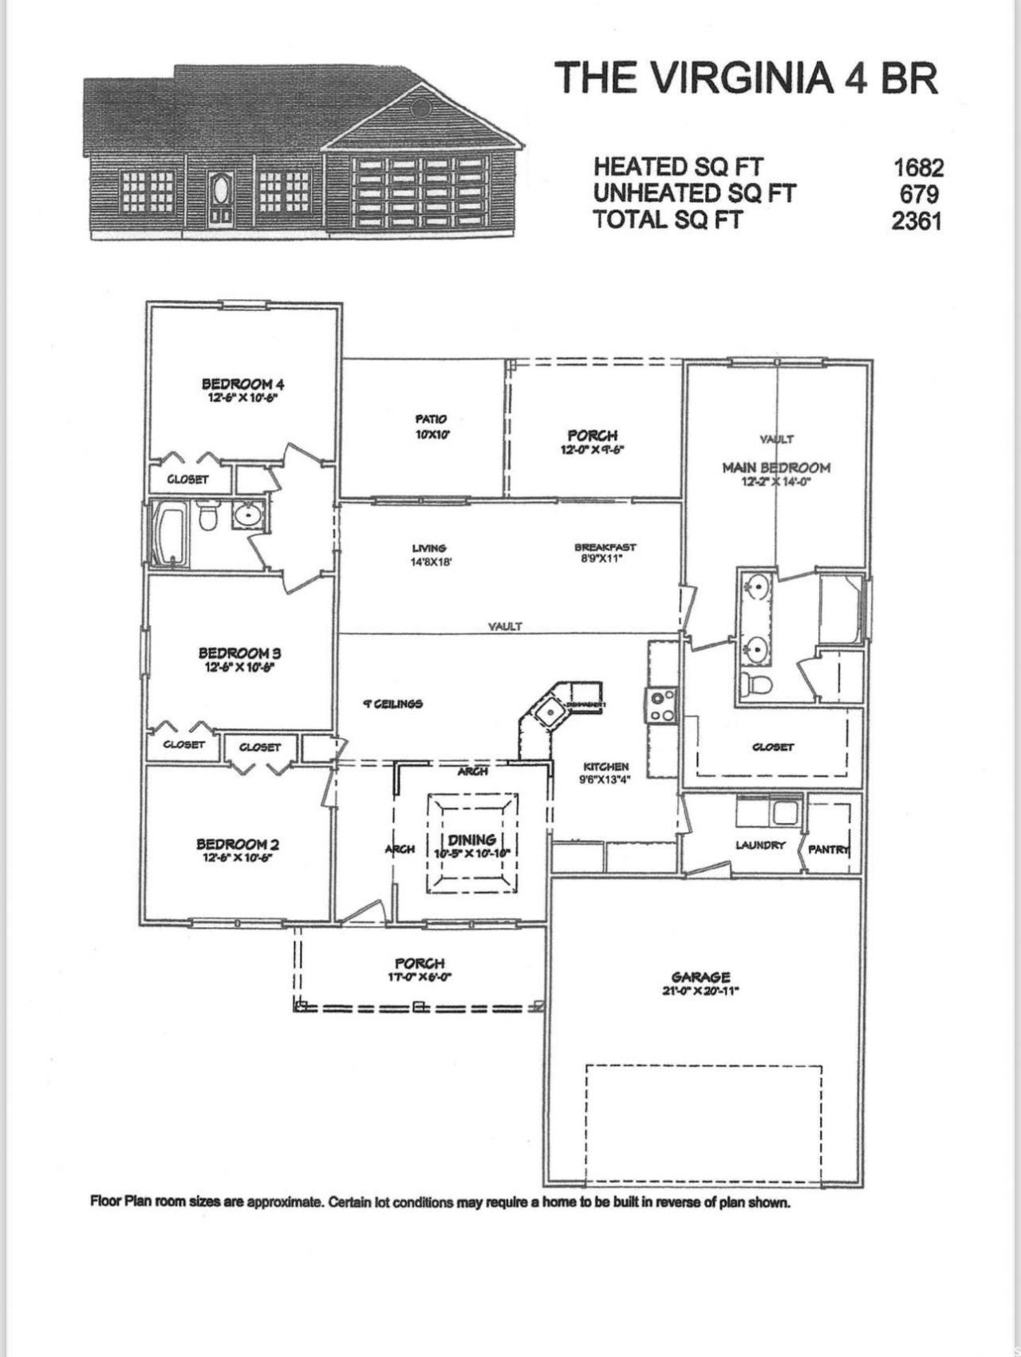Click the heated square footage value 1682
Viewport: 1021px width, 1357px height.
coord(918,168)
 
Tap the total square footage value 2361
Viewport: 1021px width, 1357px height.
coord(917,219)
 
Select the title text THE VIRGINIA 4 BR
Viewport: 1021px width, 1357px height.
coord(746,78)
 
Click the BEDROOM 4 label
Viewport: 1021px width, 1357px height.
coord(242,385)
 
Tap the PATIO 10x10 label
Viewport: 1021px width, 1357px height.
coord(432,426)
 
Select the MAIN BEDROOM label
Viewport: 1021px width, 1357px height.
coord(776,467)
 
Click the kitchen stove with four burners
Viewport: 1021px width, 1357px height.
coord(662,704)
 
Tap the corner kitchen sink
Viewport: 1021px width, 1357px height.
coord(549,710)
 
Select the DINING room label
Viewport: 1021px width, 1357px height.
coord(472,839)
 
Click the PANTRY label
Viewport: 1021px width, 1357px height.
coord(829,849)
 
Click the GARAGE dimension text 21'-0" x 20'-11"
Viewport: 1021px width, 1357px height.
coord(701,991)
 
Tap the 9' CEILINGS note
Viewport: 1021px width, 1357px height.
coord(392,704)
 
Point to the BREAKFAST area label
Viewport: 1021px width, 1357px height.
coord(605,547)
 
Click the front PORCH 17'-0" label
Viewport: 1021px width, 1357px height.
coord(420,964)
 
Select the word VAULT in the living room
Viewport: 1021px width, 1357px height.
coord(505,626)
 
